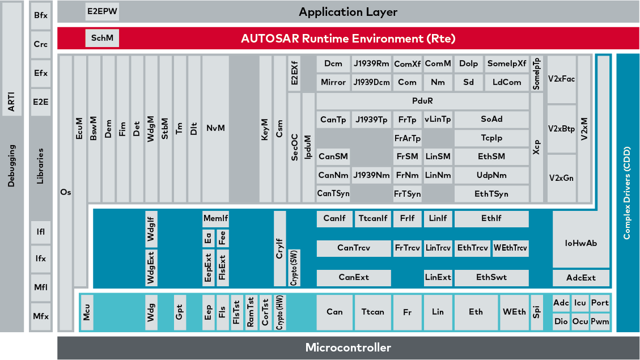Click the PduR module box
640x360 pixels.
pyautogui.click(x=422, y=101)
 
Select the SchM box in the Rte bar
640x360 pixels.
pyautogui.click(x=102, y=39)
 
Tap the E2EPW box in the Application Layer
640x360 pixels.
pyautogui.click(x=102, y=11)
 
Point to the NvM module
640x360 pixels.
pyautogui.click(x=215, y=128)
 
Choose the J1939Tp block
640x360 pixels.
pyautogui.click(x=371, y=120)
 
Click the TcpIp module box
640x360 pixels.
pyautogui.click(x=491, y=138)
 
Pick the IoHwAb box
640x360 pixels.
pyautogui.click(x=581, y=243)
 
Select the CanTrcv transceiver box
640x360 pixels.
pyautogui.click(x=354, y=248)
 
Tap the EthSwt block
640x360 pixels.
pyautogui.click(x=491, y=277)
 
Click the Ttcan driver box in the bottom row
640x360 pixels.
pyautogui.click(x=372, y=312)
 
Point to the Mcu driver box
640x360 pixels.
pyautogui.click(x=87, y=312)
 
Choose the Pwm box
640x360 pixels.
pyautogui.click(x=599, y=321)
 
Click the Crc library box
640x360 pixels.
pyautogui.click(x=40, y=44)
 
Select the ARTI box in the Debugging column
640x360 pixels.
pyautogui.click(x=11, y=102)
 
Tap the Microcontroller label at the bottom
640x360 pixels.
pyautogui.click(x=348, y=348)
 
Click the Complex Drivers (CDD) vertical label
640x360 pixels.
pyautogui.click(x=627, y=193)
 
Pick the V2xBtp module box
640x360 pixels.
pyautogui.click(x=561, y=129)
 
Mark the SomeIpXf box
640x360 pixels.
pyautogui.click(x=507, y=64)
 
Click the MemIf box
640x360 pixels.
pyautogui.click(x=215, y=218)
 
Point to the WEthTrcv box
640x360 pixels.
pyautogui.click(x=510, y=248)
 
